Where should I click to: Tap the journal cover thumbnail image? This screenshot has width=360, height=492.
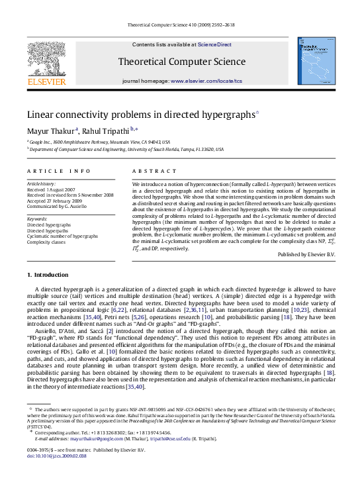(314, 60)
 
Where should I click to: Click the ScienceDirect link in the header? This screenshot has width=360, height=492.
(214, 44)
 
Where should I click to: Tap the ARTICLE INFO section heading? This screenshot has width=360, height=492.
(59, 171)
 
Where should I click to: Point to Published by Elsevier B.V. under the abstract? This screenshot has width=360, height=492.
(306, 254)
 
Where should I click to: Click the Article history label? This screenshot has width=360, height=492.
(41, 183)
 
